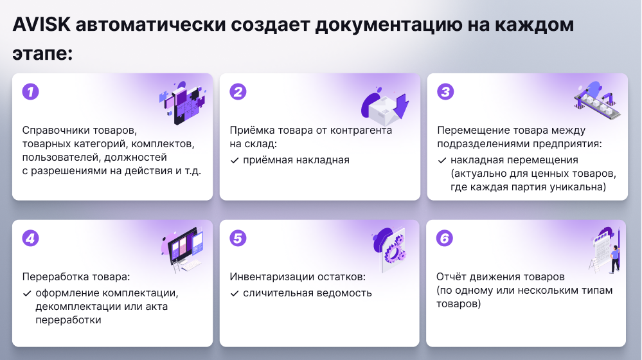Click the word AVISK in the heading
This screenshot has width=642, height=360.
click(42, 24)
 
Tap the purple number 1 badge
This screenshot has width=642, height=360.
click(31, 92)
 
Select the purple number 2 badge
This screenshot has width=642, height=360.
click(238, 92)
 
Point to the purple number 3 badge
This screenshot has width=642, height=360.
click(445, 92)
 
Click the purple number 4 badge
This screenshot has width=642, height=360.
click(31, 239)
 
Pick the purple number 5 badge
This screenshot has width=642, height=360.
click(238, 239)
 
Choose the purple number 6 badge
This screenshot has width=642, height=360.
click(445, 239)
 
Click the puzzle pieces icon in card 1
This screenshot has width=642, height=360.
click(183, 102)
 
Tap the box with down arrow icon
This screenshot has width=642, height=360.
click(385, 105)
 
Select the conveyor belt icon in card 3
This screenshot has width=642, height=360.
click(598, 100)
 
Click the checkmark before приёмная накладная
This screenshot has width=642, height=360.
click(235, 161)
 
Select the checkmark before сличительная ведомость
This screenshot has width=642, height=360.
click(235, 294)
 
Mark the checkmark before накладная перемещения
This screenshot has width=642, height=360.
click(442, 161)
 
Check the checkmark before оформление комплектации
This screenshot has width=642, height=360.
click(27, 294)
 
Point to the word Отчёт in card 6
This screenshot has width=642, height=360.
click(450, 277)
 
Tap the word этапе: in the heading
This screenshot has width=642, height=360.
click(42, 54)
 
